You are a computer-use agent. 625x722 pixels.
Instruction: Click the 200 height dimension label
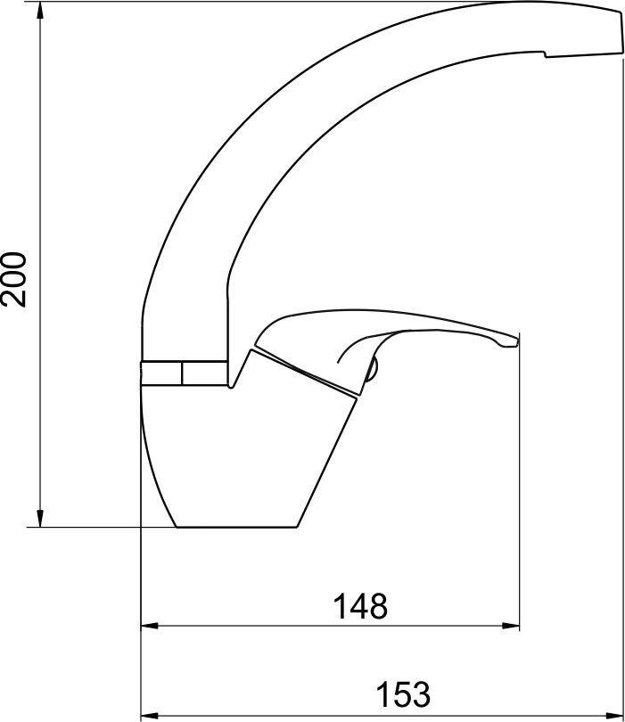tap(13, 279)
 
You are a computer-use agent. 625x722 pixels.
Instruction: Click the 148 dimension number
tap(360, 606)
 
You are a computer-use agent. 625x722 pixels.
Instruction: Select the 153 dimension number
tap(403, 694)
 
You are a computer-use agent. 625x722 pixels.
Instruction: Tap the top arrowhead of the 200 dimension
tap(40, 10)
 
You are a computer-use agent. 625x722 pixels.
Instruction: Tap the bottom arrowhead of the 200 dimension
tap(40, 519)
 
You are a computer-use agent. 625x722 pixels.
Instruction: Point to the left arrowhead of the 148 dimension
tap(149, 626)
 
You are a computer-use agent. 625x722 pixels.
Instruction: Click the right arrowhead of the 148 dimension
tap(511, 626)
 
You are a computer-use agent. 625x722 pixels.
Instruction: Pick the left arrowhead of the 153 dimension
tap(149, 716)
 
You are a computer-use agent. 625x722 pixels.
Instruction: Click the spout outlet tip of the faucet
tap(621, 33)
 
